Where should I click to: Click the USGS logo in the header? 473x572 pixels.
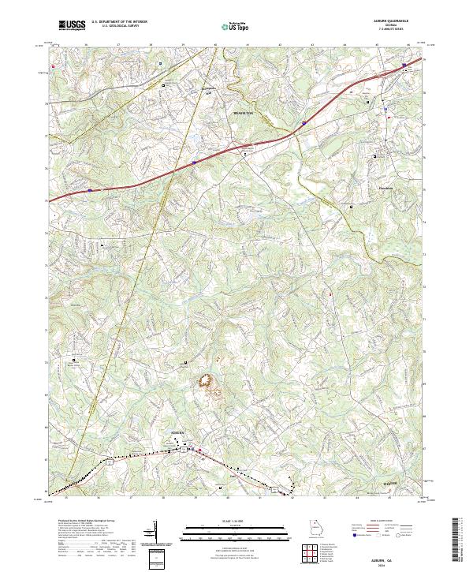(x=72, y=25)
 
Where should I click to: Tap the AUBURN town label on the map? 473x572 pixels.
(x=181, y=435)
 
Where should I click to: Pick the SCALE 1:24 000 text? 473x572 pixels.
(x=236, y=522)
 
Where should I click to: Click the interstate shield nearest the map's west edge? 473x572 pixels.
(x=90, y=190)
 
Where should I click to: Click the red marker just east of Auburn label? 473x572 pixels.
(x=199, y=450)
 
